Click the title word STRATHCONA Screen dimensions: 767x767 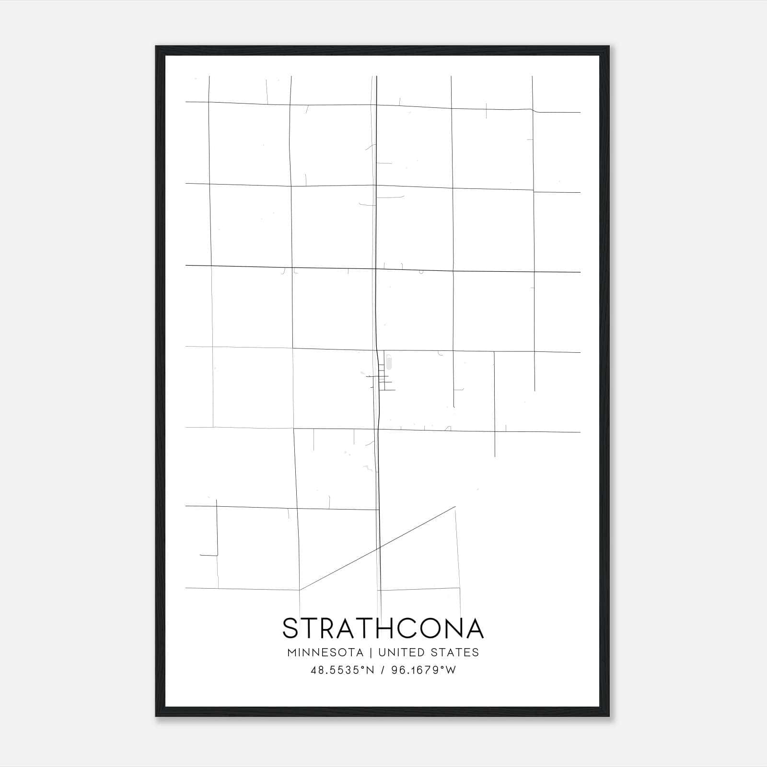click(383, 628)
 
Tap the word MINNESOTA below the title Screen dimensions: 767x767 click(325, 652)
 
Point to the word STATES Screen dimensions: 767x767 click(454, 652)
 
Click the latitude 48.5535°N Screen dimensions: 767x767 click(342, 670)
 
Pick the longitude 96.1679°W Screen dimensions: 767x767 click(424, 670)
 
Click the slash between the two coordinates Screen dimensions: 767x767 click(382, 670)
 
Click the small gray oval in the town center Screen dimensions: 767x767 click(389, 362)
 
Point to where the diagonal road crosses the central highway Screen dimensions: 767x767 click(379, 547)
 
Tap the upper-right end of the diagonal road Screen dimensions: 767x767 click(454, 507)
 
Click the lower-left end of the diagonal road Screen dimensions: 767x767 click(300, 590)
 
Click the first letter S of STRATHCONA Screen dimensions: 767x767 click(291, 628)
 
